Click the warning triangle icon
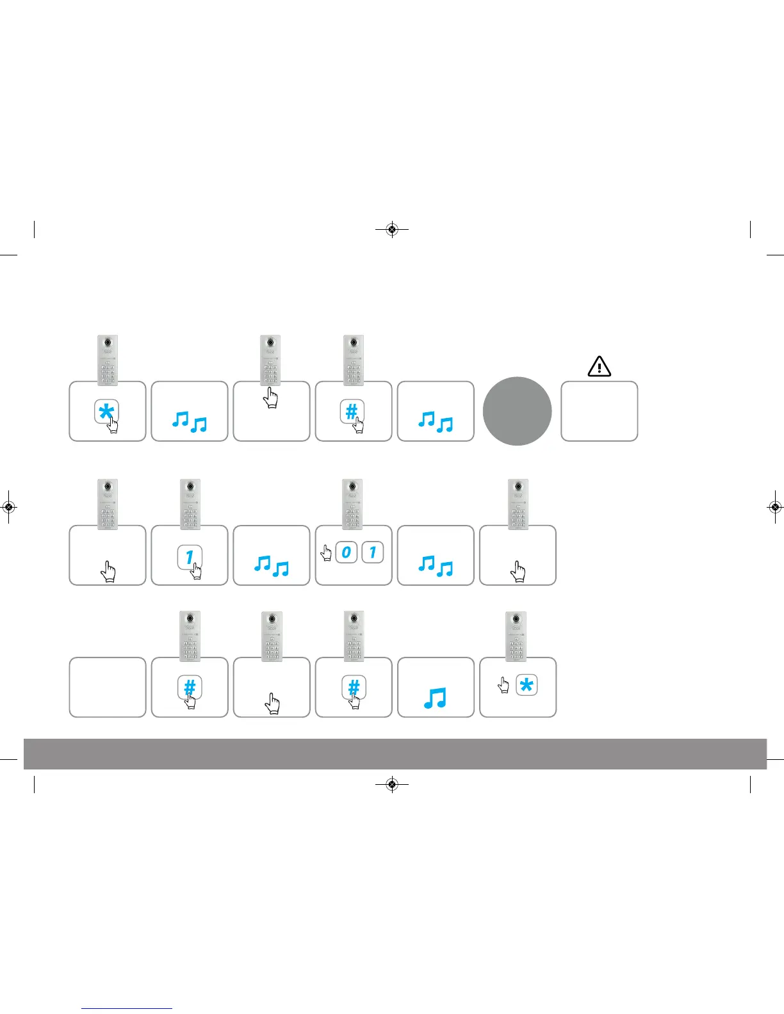pos(599,366)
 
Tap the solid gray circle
pos(517,411)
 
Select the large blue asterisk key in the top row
pos(106,412)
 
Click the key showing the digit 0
pos(346,552)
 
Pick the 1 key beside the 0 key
pos(373,552)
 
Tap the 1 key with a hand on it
pos(190,558)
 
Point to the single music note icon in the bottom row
pos(435,698)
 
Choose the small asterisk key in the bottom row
pos(527,686)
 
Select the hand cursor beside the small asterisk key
pos(504,685)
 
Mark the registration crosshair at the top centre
pos(393,229)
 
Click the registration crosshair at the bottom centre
pos(393,784)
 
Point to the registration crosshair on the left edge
pos(8,507)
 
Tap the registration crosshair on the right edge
pos(775,507)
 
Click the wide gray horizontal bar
pos(395,753)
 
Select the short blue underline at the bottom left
pos(127,1008)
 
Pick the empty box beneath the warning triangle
pos(599,411)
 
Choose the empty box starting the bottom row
pos(108,687)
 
